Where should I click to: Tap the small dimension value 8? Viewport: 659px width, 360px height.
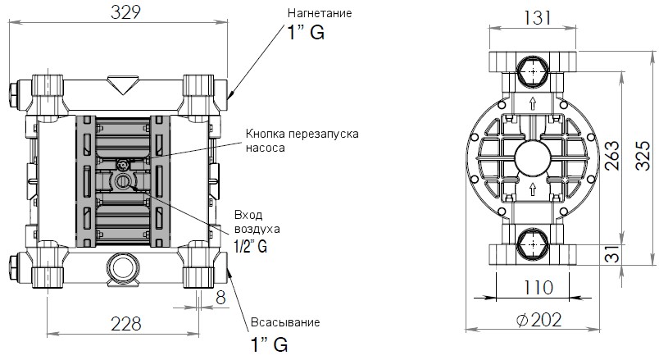[x=220, y=298]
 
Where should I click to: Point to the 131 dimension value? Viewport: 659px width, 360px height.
[x=533, y=17]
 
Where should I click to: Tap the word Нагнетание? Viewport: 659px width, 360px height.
[x=319, y=14]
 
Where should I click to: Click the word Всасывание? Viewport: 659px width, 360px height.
[x=282, y=321]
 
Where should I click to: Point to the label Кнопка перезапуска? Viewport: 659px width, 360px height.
[x=302, y=134]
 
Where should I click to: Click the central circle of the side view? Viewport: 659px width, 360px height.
[x=533, y=156]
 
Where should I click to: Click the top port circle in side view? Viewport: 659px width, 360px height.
[x=533, y=72]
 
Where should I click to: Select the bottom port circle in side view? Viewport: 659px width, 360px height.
[x=533, y=244]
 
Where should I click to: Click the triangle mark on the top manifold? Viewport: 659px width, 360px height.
[x=121, y=84]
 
